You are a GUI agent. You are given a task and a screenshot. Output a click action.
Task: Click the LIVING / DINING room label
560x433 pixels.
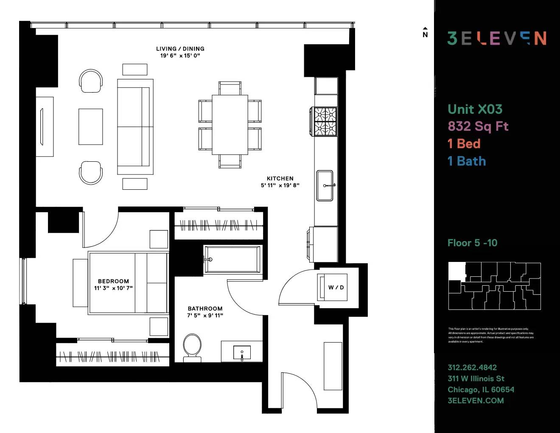[180, 49]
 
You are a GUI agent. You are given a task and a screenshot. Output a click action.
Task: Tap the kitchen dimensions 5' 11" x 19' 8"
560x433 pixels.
[280, 185]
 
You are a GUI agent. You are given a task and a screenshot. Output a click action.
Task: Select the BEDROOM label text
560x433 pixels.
[113, 281]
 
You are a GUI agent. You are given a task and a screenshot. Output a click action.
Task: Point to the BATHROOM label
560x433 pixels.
[205, 309]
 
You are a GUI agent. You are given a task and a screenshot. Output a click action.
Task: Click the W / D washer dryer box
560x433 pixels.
[336, 287]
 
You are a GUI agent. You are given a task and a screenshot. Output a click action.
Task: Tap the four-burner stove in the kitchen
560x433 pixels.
[325, 121]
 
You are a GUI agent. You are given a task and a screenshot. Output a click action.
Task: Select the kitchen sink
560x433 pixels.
[325, 185]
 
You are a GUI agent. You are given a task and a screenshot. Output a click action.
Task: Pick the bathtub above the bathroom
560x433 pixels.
[232, 259]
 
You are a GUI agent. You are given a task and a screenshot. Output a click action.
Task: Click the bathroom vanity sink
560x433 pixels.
[242, 352]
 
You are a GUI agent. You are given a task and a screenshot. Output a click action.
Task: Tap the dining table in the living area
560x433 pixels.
[230, 125]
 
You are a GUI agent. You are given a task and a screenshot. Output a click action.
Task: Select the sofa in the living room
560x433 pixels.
[135, 127]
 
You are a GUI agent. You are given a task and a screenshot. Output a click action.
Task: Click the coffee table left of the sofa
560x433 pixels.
[90, 127]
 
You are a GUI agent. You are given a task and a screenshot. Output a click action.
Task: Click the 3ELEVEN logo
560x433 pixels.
[497, 38]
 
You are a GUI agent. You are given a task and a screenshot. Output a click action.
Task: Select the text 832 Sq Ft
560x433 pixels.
[478, 126]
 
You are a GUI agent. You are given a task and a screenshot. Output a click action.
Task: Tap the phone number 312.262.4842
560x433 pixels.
[472, 368]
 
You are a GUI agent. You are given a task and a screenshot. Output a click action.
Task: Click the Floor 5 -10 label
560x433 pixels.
[472, 243]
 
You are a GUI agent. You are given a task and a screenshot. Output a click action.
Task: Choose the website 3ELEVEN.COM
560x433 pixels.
[476, 401]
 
